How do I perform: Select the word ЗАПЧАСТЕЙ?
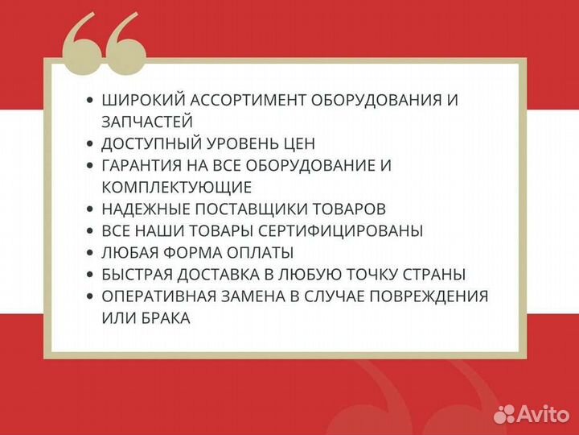point(147,122)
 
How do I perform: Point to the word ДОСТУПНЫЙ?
point(150,144)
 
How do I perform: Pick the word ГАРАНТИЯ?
point(141,166)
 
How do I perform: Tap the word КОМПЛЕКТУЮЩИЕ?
point(176,188)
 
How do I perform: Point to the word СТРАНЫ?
point(438,275)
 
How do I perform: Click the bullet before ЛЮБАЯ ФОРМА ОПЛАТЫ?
point(90,253)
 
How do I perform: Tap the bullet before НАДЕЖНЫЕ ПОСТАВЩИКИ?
point(90,209)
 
